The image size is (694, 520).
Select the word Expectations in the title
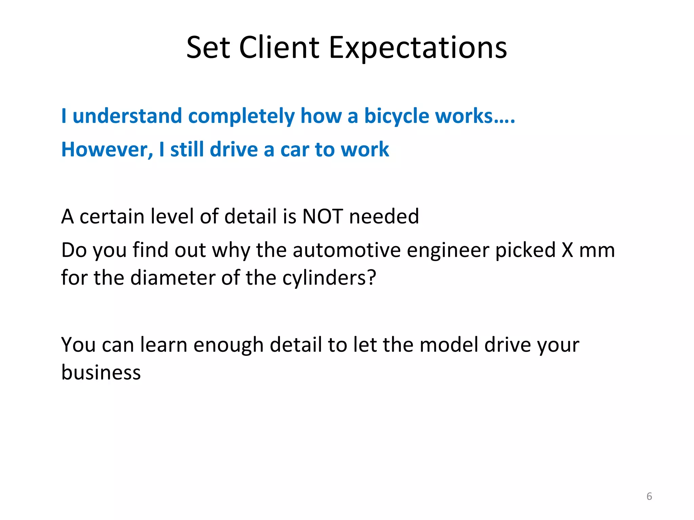[x=418, y=48]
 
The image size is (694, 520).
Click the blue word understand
[x=127, y=116]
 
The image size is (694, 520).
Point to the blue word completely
[x=241, y=116]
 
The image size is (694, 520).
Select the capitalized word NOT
[x=322, y=216]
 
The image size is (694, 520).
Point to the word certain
[x=111, y=216]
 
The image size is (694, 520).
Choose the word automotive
[x=347, y=250]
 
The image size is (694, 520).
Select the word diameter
[x=172, y=278]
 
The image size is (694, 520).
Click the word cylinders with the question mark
[x=329, y=278]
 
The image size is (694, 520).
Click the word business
[x=101, y=372]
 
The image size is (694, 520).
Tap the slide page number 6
[x=649, y=496]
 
